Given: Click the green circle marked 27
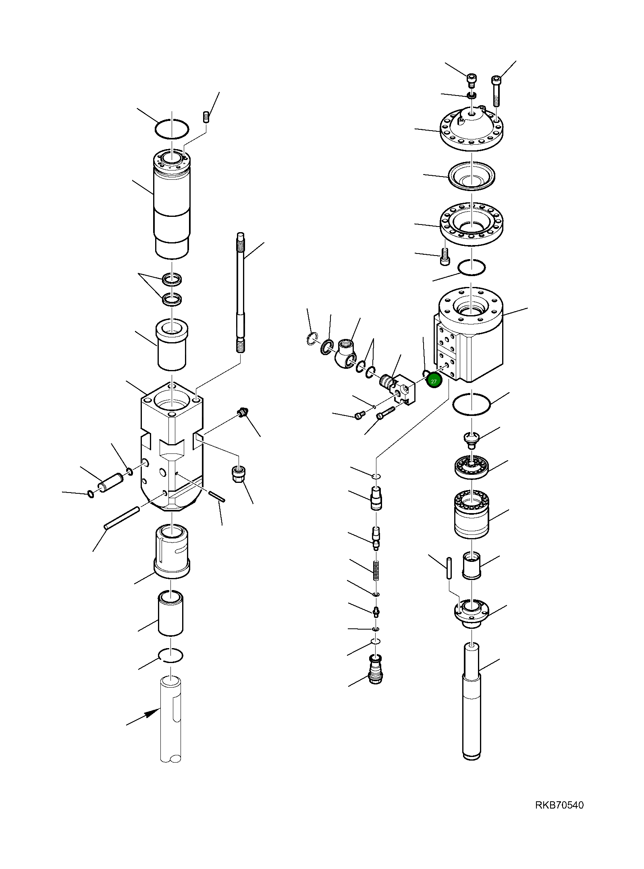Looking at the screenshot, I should pyautogui.click(x=434, y=381).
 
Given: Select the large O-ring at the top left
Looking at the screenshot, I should pyautogui.click(x=172, y=130).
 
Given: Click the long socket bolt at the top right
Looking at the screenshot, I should pyautogui.click(x=496, y=91).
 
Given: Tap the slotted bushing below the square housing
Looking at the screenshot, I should pyautogui.click(x=172, y=551).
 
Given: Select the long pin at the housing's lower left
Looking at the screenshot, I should pyautogui.click(x=122, y=518).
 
